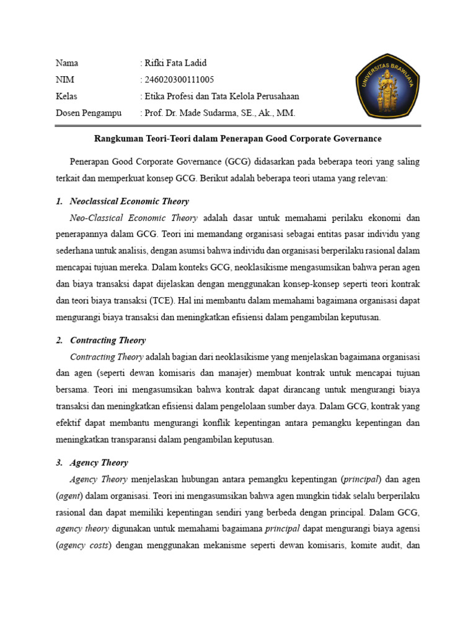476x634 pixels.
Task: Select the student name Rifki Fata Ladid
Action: [x=175, y=63]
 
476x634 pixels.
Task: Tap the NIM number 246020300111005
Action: [x=179, y=79]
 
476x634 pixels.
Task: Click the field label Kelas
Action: [x=66, y=96]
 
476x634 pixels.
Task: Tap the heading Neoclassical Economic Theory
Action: [x=130, y=201]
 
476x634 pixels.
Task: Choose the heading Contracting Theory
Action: [x=108, y=340]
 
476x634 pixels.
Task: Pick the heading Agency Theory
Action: [x=99, y=462]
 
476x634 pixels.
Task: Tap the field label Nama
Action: [x=67, y=63]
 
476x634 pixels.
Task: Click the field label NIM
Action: [x=65, y=79]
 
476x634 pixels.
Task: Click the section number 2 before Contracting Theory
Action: [x=59, y=340]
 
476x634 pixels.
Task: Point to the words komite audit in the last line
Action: [x=376, y=545]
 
